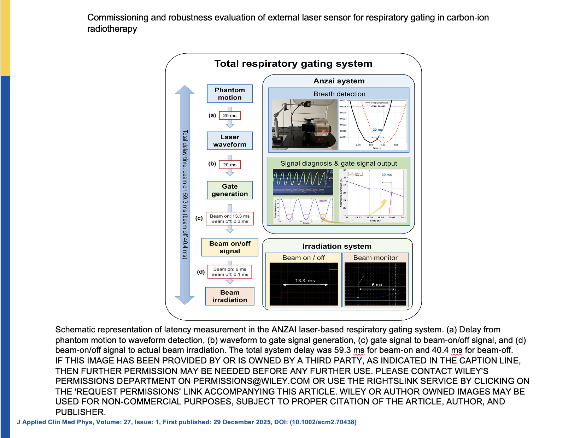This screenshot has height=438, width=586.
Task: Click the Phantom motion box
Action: click(230, 94)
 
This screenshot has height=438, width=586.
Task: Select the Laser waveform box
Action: click(230, 141)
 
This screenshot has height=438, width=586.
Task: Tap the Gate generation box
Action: click(230, 190)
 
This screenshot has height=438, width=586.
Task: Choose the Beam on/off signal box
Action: click(230, 247)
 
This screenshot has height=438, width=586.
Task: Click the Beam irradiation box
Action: click(230, 296)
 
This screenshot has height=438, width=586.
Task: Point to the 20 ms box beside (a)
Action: click(230, 116)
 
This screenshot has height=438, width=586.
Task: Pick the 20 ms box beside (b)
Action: click(230, 165)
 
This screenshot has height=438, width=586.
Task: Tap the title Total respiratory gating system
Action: click(293, 64)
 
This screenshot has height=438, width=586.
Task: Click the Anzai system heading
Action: click(339, 81)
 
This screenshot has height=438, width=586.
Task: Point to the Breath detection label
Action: click(339, 94)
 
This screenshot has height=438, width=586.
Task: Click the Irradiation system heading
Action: click(337, 246)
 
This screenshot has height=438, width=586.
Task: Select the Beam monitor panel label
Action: click(375, 258)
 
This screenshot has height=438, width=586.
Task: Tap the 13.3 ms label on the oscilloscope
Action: click(305, 281)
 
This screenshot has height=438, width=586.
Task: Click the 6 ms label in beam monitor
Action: click(377, 285)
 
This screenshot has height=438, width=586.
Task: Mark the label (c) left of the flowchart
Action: click(199, 218)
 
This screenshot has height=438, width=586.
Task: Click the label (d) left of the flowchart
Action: click(201, 272)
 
